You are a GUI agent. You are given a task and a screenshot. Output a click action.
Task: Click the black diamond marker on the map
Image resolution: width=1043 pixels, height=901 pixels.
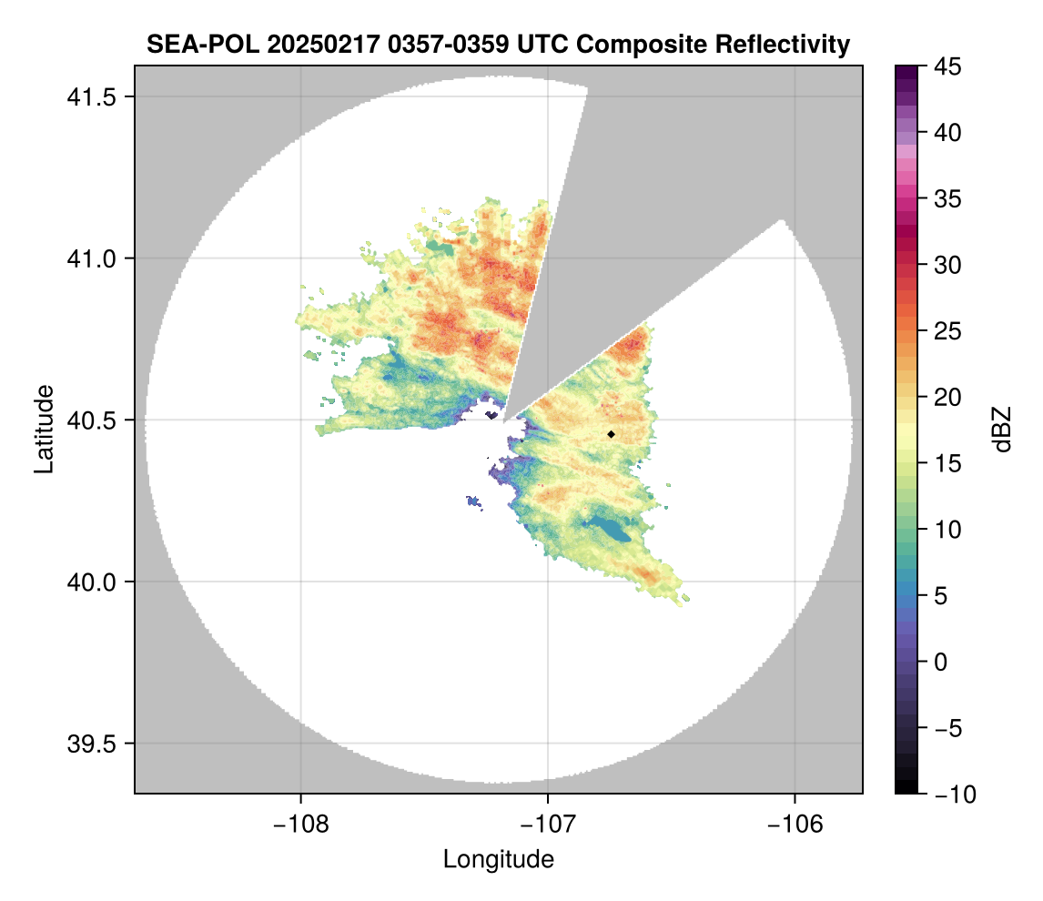point(611,434)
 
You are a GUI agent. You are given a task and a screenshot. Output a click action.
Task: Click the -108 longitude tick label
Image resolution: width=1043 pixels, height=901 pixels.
point(300,824)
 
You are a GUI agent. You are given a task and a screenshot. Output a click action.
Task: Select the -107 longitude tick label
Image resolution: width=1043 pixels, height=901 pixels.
point(548,824)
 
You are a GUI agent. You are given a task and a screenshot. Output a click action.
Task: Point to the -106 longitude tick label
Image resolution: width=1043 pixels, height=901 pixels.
point(795,824)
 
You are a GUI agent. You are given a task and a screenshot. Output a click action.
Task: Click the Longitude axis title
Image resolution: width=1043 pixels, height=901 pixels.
point(498,858)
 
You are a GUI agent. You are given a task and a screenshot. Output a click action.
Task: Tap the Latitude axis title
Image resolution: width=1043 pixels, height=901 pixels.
point(43,429)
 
